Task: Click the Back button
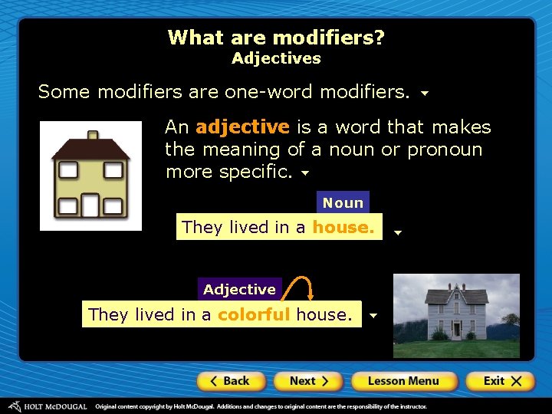(x=231, y=381)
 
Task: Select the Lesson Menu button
(x=403, y=381)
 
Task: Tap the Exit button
(x=502, y=381)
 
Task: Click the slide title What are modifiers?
(x=276, y=38)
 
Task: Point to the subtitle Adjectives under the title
(x=276, y=58)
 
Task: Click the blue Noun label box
(x=343, y=202)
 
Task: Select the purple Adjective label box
(x=239, y=289)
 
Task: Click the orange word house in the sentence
(x=343, y=227)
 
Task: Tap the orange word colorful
(x=254, y=314)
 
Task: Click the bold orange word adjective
(x=242, y=127)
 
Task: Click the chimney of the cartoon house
(x=93, y=136)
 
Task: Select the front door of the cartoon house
(x=90, y=205)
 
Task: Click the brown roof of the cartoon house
(x=90, y=149)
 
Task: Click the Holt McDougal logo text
(x=53, y=406)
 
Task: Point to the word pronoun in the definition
(x=445, y=149)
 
